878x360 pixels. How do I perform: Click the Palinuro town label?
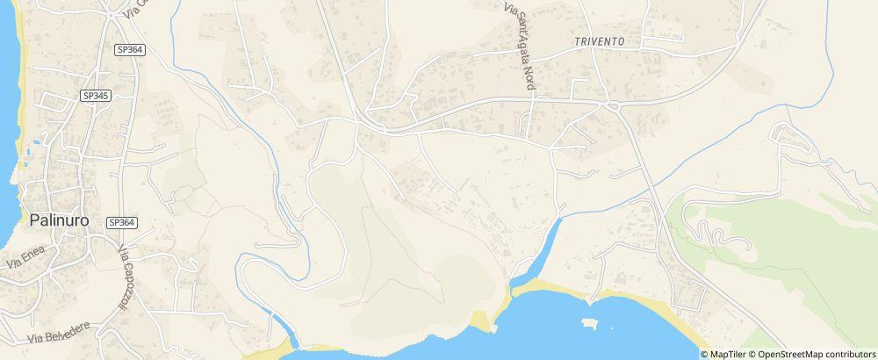pyautogui.click(x=59, y=220)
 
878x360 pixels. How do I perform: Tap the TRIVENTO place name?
pyautogui.click(x=600, y=41)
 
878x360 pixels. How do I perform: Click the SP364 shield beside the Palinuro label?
pyautogui.click(x=121, y=223)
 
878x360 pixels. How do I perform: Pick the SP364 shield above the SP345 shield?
pyautogui.click(x=129, y=50)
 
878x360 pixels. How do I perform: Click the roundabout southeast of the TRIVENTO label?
pyautogui.click(x=613, y=106)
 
